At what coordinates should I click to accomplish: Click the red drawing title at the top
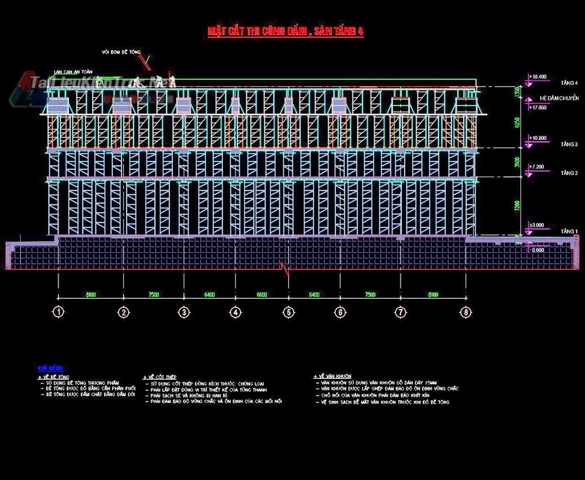tap(286, 31)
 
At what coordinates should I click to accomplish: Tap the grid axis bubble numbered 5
tap(288, 312)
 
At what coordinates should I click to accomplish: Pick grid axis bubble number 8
tap(467, 312)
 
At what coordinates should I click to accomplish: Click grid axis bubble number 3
tap(184, 312)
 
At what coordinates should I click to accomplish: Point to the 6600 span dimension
tap(262, 295)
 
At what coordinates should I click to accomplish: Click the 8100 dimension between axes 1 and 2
tap(91, 295)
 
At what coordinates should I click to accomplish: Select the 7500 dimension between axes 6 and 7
tap(370, 295)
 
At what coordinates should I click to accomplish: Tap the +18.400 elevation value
tap(538, 76)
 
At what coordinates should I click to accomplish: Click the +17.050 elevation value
tap(538, 107)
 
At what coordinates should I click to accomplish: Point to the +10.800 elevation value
tap(538, 138)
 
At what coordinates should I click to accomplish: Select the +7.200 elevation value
tap(538, 167)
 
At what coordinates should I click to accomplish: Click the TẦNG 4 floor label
tap(569, 83)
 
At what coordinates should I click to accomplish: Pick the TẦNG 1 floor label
tap(569, 231)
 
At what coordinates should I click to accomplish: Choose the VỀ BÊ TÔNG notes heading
tap(54, 377)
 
